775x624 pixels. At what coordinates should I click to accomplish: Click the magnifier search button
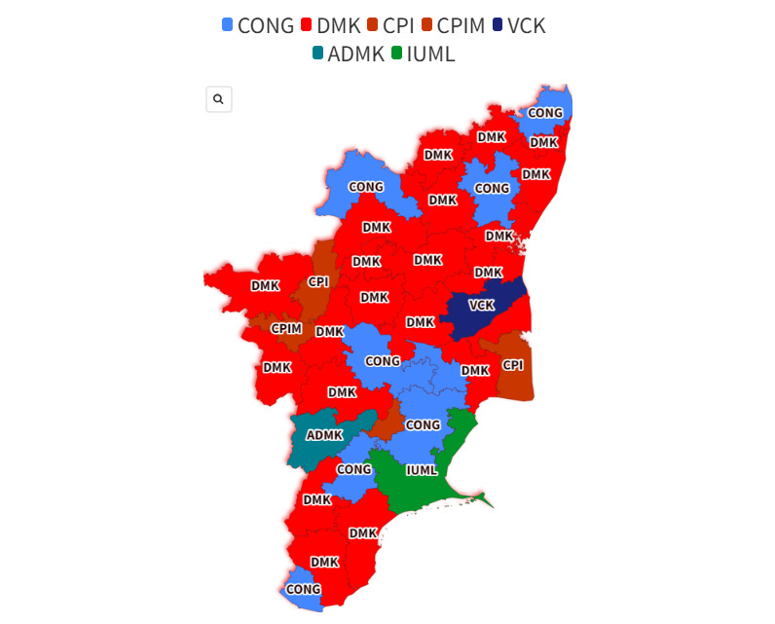tap(218, 99)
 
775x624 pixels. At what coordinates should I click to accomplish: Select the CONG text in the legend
tap(265, 25)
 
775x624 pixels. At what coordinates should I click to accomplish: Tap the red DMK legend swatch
tap(307, 25)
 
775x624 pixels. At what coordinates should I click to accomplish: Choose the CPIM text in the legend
tap(461, 25)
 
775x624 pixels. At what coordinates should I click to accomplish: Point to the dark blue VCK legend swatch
tap(498, 25)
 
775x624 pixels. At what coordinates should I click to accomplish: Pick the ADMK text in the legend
tap(355, 54)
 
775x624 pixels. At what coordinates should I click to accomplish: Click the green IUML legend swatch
tap(395, 54)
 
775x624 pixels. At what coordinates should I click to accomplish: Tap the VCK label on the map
tap(482, 305)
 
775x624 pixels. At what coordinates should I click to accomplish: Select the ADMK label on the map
tap(324, 434)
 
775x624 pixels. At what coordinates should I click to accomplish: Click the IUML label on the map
tap(422, 470)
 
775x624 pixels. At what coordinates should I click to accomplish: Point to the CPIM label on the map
tap(286, 328)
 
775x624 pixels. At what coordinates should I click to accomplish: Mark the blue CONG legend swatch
tap(228, 25)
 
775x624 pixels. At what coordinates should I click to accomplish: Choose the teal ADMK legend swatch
tap(318, 54)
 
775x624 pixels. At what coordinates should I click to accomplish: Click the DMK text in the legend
tap(339, 25)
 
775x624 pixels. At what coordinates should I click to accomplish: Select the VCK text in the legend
tap(526, 25)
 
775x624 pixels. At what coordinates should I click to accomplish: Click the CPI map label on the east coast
tap(512, 365)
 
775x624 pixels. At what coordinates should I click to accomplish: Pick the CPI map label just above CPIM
tap(318, 281)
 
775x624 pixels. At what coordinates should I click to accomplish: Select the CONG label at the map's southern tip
tap(304, 589)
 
